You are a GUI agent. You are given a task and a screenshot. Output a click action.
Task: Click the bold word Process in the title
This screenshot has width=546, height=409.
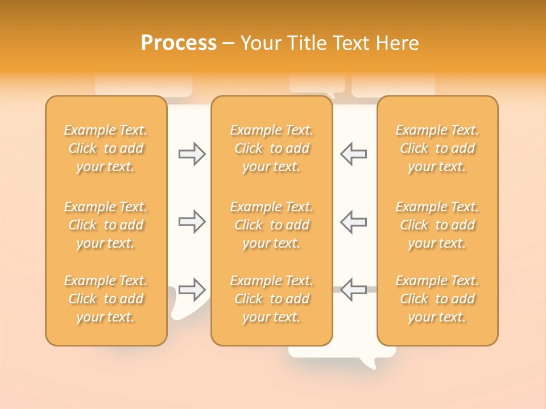click(179, 43)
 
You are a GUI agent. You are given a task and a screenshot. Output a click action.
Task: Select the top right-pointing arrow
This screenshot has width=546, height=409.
click(192, 154)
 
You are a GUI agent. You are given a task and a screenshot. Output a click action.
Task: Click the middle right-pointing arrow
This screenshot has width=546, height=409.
click(192, 222)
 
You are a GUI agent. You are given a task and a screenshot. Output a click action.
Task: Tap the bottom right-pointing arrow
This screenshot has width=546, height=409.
click(192, 290)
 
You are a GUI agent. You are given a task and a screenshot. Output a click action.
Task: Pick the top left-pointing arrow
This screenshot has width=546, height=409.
click(353, 154)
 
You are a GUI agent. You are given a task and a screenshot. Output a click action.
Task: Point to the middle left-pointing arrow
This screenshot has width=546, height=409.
click(353, 222)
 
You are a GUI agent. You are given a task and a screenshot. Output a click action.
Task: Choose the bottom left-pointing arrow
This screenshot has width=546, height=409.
click(353, 290)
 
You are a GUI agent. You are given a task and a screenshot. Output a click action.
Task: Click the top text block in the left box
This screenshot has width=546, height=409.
click(106, 148)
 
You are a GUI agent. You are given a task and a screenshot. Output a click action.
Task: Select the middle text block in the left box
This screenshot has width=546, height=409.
click(106, 225)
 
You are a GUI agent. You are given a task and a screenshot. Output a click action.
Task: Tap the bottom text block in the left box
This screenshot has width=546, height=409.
click(106, 299)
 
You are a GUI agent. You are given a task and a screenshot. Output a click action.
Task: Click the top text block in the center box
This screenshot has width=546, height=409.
click(272, 148)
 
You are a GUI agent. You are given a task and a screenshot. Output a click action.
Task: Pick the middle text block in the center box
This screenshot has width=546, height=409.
click(272, 225)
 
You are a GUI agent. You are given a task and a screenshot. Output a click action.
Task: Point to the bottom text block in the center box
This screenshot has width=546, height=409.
click(272, 299)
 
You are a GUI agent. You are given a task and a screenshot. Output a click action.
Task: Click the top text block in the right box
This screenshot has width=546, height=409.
click(437, 148)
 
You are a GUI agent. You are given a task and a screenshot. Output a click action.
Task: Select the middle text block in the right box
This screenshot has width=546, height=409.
click(437, 225)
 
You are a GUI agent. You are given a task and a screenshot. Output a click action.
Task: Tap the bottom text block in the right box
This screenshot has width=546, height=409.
click(437, 299)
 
